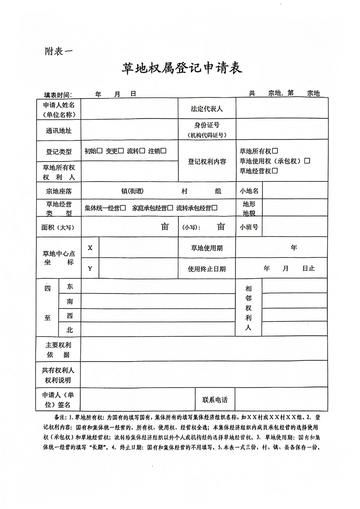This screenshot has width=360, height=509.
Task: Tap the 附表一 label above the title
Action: [x=58, y=49]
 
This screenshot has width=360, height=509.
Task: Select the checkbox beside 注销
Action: [x=163, y=151]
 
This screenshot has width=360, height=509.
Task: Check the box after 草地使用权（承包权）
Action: [x=307, y=161]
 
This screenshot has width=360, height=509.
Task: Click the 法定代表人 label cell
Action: [x=207, y=109]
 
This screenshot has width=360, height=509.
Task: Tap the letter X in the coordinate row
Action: [x=90, y=248]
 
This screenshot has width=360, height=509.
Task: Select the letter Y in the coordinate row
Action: [x=90, y=268]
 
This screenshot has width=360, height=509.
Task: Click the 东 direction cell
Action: [x=69, y=287]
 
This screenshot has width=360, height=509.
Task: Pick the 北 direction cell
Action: [x=69, y=330]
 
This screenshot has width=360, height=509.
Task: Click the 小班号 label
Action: [x=249, y=227]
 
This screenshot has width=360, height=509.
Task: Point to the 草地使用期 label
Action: [x=207, y=248]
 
